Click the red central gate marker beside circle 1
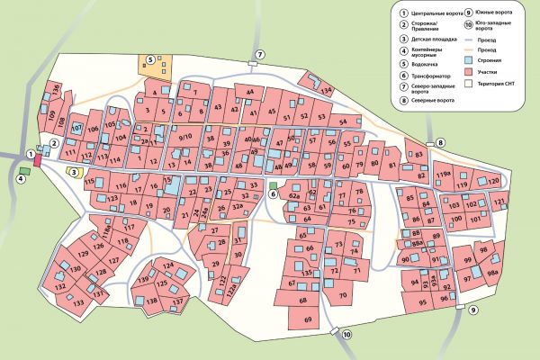(x=37, y=162)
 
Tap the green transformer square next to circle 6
(x=273, y=194)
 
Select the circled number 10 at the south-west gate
(x=347, y=336)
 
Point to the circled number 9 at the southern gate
(x=473, y=310)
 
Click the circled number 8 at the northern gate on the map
(x=441, y=143)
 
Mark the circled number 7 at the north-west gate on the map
(x=260, y=56)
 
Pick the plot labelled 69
(x=308, y=320)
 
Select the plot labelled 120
(x=492, y=181)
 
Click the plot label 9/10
(x=186, y=137)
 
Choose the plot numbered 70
(x=343, y=294)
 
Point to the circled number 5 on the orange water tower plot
(x=150, y=59)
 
